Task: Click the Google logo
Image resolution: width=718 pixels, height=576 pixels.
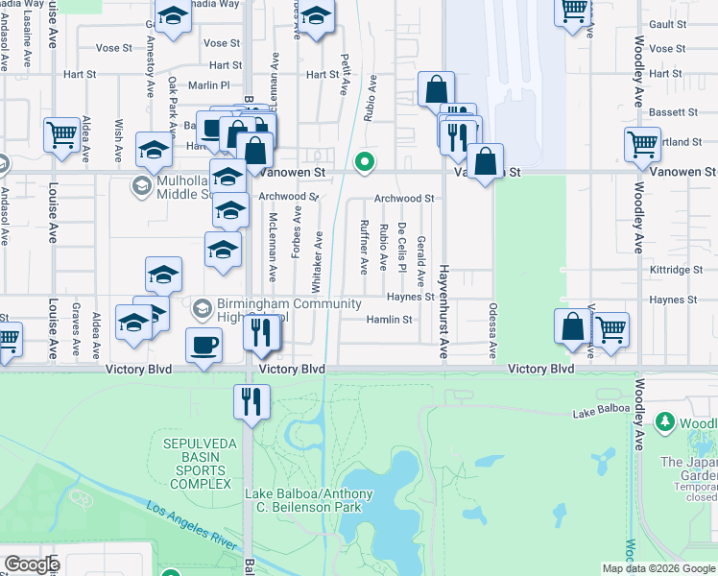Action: click(x=32, y=564)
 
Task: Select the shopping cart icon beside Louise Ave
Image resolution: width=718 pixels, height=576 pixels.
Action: click(x=61, y=136)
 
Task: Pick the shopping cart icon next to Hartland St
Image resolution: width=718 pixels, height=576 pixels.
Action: click(x=642, y=145)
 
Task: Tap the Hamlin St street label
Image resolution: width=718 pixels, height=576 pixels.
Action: click(x=388, y=320)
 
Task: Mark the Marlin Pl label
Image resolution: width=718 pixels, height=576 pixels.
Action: click(x=209, y=85)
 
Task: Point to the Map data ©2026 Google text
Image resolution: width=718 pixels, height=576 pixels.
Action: click(x=658, y=568)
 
